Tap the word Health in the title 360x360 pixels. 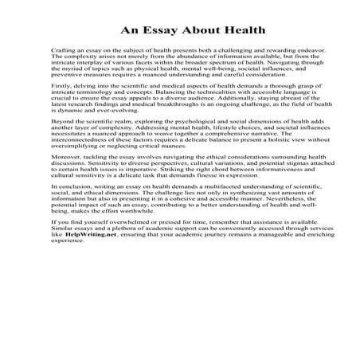[220, 33]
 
